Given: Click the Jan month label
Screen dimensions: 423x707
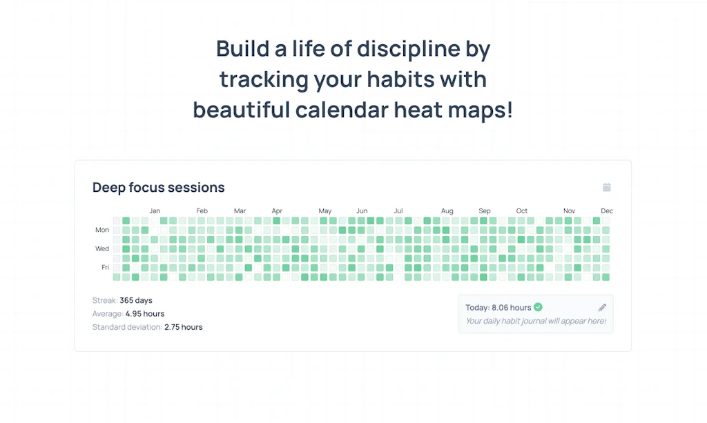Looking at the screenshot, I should pos(155,211).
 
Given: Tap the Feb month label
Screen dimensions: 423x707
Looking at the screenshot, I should pos(202,211).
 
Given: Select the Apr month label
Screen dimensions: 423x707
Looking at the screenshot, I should pos(277,211).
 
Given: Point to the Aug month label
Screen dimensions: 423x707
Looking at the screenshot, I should pos(447,211).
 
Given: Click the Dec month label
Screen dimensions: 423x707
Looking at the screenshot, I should pos(607,211).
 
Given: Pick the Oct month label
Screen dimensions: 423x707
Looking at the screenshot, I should pos(522,211).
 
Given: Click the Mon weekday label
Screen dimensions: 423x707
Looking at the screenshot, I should pos(102,230).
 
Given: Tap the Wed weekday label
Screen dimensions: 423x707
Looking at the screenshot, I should pos(102,249).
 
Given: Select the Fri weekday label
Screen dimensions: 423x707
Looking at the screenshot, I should pos(105,268).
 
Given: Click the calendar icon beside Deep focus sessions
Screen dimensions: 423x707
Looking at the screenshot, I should pos(607,187).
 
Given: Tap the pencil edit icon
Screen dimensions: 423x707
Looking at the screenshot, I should pos(602,308).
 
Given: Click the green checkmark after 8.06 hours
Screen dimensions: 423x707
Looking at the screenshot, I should pos(538,307).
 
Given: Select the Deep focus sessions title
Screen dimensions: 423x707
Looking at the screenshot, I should pos(159,188).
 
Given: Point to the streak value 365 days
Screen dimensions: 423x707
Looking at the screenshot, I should pos(136,301).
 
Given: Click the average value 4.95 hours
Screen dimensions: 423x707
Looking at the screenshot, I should pos(145,314).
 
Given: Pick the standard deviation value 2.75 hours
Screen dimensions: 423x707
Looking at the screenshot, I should pos(184,327).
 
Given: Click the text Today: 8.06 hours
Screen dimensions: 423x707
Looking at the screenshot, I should pos(498,308).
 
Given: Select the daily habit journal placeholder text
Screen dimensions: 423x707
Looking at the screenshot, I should pos(536,321).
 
